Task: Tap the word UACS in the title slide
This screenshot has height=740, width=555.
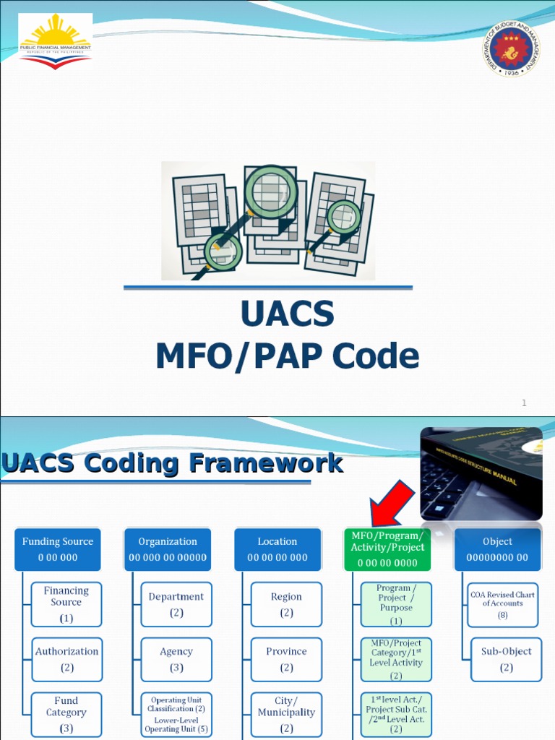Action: pos(287,314)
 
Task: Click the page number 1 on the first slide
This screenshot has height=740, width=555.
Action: pos(524,403)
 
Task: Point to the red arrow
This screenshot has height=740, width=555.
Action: pos(391,506)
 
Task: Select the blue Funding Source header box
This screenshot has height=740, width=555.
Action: pos(58,549)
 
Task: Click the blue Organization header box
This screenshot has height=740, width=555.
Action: pos(168,549)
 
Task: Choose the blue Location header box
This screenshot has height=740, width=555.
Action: pos(277,549)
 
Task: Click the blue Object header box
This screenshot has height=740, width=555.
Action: pos(497,549)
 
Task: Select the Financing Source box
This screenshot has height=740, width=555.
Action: pos(66,604)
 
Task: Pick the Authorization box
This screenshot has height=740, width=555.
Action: pos(66,659)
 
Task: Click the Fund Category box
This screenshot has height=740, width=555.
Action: pos(66,714)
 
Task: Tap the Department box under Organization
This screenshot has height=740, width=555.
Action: pos(176,604)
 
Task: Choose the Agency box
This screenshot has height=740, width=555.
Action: pos(176,659)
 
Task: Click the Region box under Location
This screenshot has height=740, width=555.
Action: pos(286,604)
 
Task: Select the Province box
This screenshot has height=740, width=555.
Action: pos(286,659)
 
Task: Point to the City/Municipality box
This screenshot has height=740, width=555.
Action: pos(286,714)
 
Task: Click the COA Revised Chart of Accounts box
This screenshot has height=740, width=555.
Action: pos(503,604)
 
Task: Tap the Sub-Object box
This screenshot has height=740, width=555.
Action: pos(506,659)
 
